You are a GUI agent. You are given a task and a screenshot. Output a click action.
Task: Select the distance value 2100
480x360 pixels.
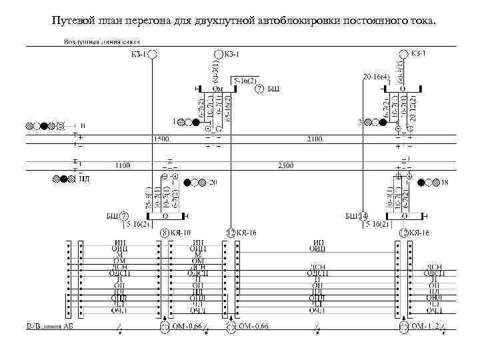314,139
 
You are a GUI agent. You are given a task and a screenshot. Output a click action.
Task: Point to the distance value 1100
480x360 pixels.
123,164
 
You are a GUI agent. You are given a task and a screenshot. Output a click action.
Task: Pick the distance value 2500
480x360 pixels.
286,164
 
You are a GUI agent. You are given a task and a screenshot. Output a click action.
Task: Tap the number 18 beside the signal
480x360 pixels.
444,181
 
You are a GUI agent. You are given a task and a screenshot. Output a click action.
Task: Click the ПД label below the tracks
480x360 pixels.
84,178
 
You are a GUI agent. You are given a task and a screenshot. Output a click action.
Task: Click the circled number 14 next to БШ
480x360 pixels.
363,216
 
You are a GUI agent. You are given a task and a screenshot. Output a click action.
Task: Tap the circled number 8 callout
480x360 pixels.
165,233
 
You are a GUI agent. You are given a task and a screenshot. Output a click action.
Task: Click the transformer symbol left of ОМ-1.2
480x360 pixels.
404,327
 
